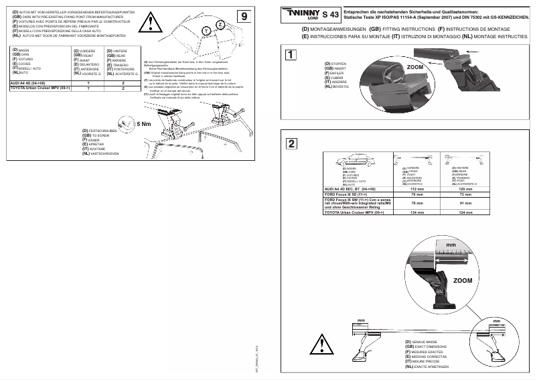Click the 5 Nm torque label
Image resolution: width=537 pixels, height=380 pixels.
coord(143,124)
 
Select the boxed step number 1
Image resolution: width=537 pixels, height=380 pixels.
coord(290,56)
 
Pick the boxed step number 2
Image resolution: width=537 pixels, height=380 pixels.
coord(290,143)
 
